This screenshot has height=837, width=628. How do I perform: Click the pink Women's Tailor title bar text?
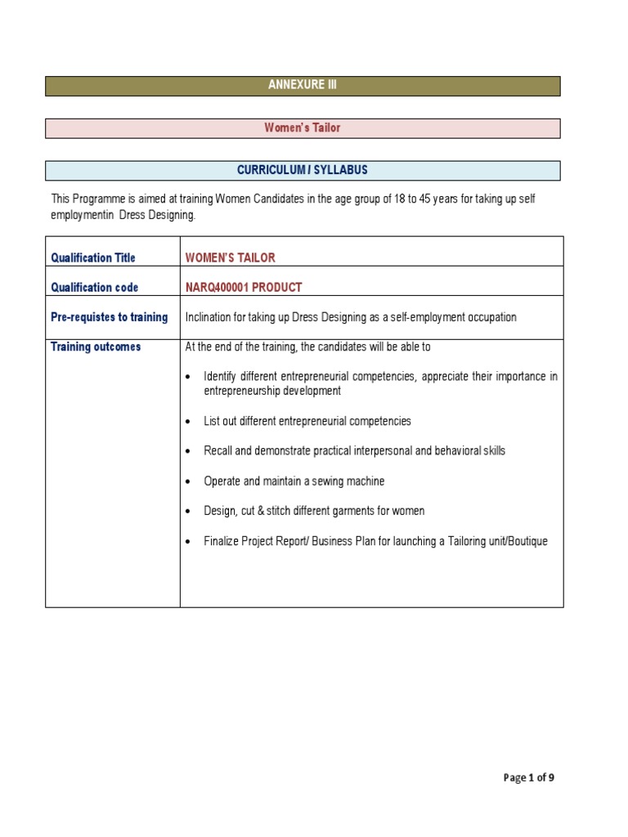pos(302,128)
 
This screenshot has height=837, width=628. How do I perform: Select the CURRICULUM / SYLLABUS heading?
pos(302,170)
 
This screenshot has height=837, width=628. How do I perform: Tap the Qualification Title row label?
pos(93,257)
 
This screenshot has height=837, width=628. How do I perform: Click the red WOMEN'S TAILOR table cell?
pos(231,257)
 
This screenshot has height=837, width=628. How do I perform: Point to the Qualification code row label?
pos(94,288)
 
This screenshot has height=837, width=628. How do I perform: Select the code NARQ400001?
pos(218,288)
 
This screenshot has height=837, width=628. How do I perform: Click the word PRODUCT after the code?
pos(278,288)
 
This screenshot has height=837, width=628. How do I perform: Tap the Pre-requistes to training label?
pos(109,317)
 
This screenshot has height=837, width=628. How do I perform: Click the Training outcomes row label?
pos(96,347)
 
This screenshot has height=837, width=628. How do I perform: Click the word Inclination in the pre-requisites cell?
pos(210,317)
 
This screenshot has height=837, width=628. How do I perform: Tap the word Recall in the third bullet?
pos(219,451)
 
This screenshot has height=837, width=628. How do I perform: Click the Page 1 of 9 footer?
pos(529,777)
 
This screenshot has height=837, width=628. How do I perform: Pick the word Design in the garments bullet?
pos(221,511)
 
